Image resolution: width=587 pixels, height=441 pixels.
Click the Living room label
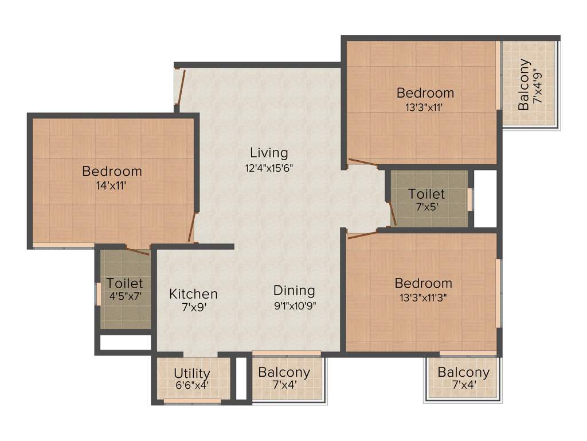pyautogui.click(x=269, y=153)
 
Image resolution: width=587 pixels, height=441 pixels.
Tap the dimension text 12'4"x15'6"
pyautogui.click(x=269, y=168)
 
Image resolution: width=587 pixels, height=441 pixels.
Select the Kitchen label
pyautogui.click(x=193, y=294)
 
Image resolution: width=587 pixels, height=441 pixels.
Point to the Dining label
pyautogui.click(x=294, y=290)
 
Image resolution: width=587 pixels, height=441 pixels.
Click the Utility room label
pyautogui.click(x=192, y=374)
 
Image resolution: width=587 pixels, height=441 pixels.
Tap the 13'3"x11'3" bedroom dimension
pyautogui.click(x=423, y=298)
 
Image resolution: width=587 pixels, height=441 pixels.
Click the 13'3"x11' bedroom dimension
pyautogui.click(x=425, y=107)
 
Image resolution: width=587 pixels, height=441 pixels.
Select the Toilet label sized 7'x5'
pyautogui.click(x=426, y=194)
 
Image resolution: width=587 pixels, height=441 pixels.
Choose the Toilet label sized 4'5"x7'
pyautogui.click(x=125, y=284)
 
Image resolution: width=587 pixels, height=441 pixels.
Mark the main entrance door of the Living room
pyautogui.click(x=179, y=87)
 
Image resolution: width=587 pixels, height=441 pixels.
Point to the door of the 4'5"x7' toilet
pyautogui.click(x=138, y=252)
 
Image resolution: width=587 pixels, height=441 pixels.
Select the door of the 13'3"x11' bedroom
pyautogui.click(x=362, y=163)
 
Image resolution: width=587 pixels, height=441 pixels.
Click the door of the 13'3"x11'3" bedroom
pyautogui.click(x=362, y=234)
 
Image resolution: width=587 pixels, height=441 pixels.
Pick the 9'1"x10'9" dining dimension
pyautogui.click(x=295, y=305)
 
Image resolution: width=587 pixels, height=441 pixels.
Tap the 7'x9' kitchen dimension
pyautogui.click(x=193, y=308)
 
